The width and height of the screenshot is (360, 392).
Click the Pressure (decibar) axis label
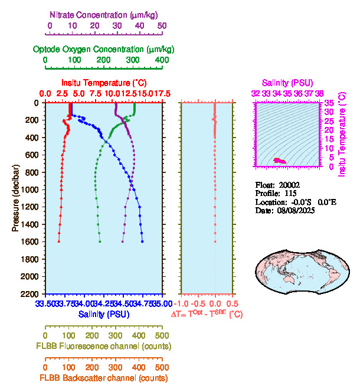(x=15, y=198)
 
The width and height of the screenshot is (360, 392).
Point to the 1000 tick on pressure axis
(x=31, y=190)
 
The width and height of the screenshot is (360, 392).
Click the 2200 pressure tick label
(x=31, y=294)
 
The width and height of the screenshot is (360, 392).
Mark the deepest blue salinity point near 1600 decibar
(x=142, y=241)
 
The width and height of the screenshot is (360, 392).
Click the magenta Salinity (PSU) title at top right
(x=287, y=83)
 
